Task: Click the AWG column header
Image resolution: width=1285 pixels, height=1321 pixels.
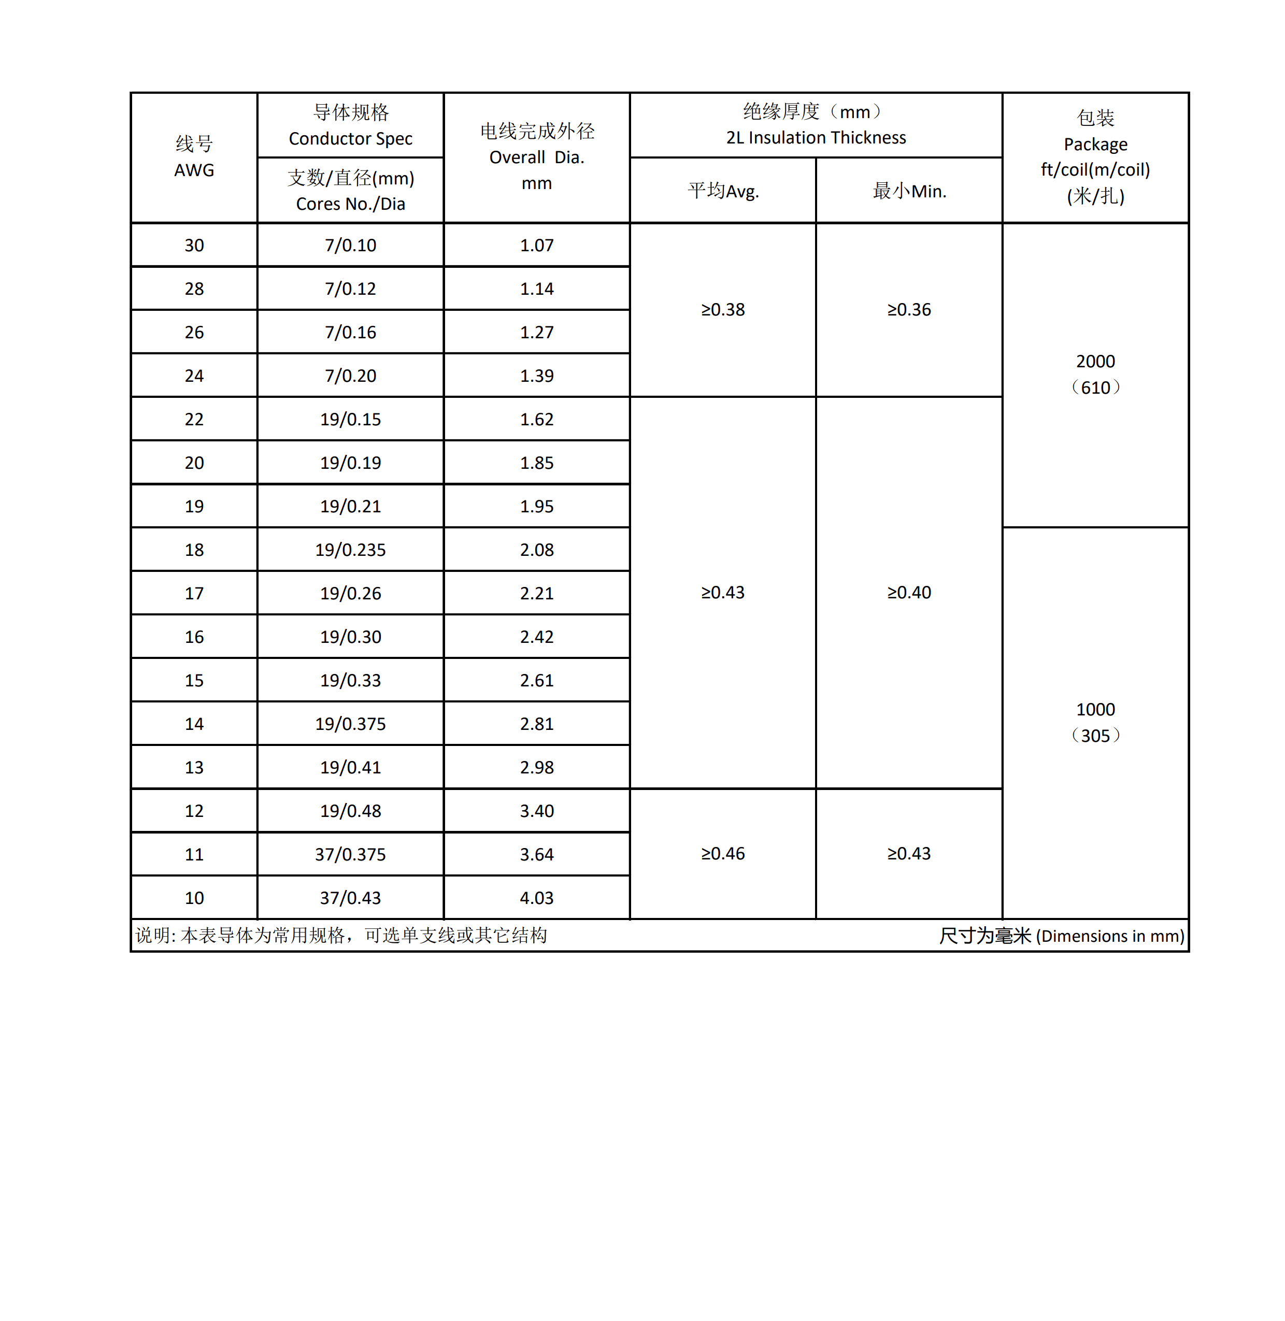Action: [x=194, y=157]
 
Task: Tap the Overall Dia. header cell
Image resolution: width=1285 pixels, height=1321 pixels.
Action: [x=537, y=157]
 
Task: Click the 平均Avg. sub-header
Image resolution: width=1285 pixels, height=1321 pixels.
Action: [x=723, y=191]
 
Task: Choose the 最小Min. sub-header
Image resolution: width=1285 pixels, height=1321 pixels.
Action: [x=909, y=191]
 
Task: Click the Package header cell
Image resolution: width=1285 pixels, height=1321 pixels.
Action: [x=1095, y=157]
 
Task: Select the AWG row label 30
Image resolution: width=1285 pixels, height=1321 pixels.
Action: [x=194, y=246]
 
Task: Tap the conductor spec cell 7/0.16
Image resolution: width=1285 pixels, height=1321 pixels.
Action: [x=350, y=333]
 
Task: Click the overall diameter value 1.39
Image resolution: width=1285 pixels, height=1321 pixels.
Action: [x=537, y=376]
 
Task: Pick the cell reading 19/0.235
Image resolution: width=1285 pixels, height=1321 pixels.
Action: [x=350, y=550]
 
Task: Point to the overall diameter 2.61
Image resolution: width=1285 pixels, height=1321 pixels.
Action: [x=537, y=680]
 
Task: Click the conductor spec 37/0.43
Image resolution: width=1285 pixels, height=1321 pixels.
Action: [x=350, y=898]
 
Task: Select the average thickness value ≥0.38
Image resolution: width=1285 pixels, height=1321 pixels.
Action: [x=723, y=310]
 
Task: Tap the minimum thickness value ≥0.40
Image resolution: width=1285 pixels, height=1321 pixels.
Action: [x=909, y=592]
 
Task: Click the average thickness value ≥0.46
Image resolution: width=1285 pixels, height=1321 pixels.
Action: [x=723, y=853]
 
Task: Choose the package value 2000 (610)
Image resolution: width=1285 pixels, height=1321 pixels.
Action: [x=1095, y=375]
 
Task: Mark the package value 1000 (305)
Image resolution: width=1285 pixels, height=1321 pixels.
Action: [x=1095, y=723]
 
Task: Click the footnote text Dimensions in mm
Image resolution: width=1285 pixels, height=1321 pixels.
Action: [x=1110, y=936]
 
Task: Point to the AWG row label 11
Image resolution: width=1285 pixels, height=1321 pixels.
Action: [x=194, y=855]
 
